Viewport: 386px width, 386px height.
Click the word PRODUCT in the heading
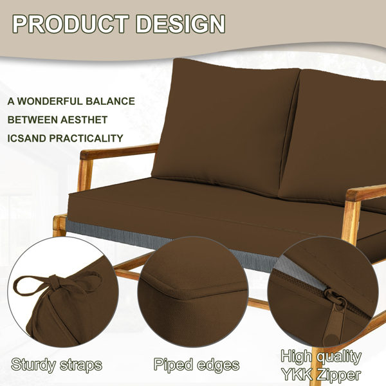click(x=71, y=24)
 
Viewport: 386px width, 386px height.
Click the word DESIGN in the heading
click(x=180, y=24)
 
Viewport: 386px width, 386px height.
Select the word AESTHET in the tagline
click(x=84, y=120)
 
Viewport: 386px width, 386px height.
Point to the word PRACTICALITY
click(x=86, y=138)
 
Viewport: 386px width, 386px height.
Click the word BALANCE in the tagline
click(x=110, y=101)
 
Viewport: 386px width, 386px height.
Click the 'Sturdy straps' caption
click(x=57, y=365)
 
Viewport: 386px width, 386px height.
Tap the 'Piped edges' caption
click(x=196, y=365)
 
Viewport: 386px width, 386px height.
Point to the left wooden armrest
click(x=119, y=152)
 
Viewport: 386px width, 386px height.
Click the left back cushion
click(x=221, y=125)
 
